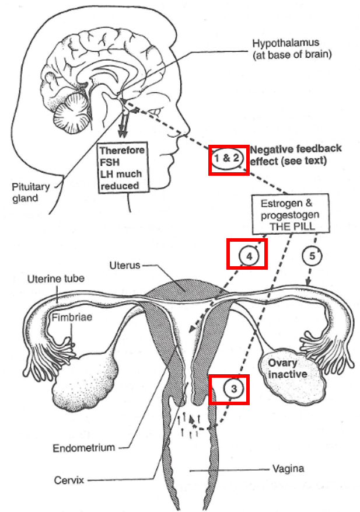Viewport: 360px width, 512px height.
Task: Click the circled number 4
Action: click(249, 256)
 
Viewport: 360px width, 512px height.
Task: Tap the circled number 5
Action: click(312, 256)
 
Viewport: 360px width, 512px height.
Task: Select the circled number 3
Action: click(234, 389)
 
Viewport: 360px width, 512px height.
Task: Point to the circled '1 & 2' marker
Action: click(227, 159)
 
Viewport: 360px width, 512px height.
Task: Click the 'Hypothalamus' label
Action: click(285, 43)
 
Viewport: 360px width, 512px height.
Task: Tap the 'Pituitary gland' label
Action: click(30, 192)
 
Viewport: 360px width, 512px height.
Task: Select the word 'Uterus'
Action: click(125, 265)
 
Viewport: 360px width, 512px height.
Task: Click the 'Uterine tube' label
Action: click(56, 278)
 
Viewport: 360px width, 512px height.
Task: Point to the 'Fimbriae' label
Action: click(72, 317)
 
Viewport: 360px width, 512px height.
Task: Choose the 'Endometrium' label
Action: click(84, 447)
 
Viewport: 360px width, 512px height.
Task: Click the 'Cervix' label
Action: click(69, 480)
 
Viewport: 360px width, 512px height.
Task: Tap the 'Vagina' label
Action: click(288, 469)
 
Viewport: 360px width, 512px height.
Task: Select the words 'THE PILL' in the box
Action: click(292, 227)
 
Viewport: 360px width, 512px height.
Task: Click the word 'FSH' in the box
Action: click(110, 162)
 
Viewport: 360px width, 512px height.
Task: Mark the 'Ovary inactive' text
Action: click(287, 368)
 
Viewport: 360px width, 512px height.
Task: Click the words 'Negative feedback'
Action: click(296, 149)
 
